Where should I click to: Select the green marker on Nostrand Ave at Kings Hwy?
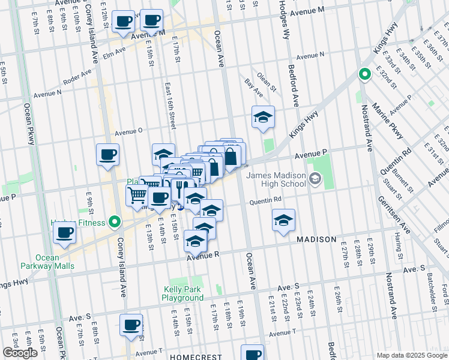364,75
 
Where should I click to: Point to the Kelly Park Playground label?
184,293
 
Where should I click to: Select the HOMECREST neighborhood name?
192,356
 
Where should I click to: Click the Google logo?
20,353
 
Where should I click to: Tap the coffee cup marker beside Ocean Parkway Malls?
65,233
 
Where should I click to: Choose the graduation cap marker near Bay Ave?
263,117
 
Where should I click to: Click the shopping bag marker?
231,158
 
